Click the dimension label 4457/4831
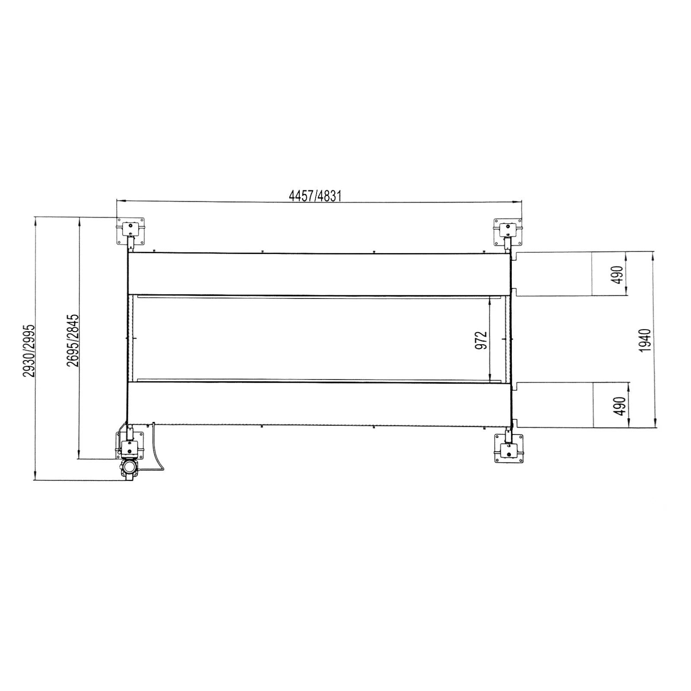pos(315,197)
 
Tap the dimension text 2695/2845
pos(73,341)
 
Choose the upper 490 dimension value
pos(618,275)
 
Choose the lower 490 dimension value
pos(619,406)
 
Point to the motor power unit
pos(129,468)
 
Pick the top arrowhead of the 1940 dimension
pos(652,255)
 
